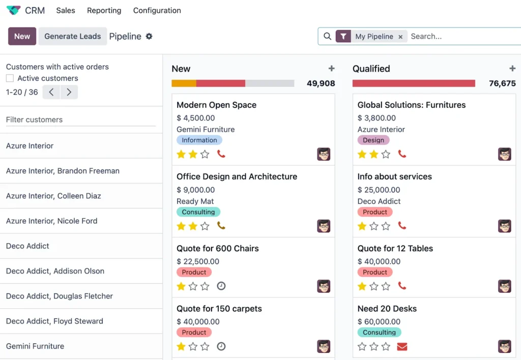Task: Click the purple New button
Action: click(22, 36)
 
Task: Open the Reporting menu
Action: click(104, 10)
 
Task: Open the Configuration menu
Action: click(157, 10)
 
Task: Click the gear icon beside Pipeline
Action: click(149, 36)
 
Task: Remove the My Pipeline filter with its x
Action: click(400, 37)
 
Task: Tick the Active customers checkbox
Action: click(10, 78)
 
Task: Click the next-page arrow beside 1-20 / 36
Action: click(69, 92)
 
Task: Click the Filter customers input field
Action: click(80, 119)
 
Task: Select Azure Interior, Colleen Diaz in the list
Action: click(53, 196)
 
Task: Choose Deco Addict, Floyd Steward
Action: click(54, 321)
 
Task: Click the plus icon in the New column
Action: click(331, 69)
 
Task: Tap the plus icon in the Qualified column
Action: click(512, 69)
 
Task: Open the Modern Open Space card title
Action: click(216, 105)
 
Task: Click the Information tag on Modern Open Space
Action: click(199, 140)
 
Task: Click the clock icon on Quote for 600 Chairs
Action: click(221, 286)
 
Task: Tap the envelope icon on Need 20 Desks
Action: click(402, 347)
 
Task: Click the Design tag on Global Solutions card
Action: click(373, 140)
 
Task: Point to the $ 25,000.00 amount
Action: click(379, 190)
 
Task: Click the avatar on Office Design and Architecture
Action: click(324, 226)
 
